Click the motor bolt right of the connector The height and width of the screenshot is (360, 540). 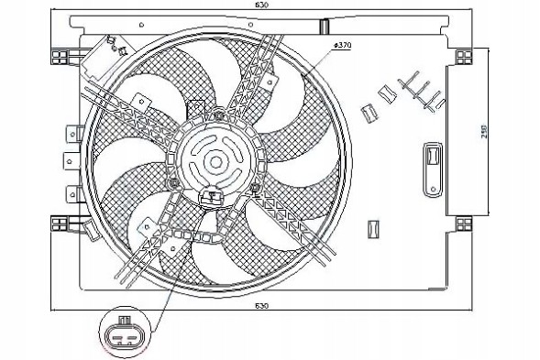[x=253, y=188]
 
